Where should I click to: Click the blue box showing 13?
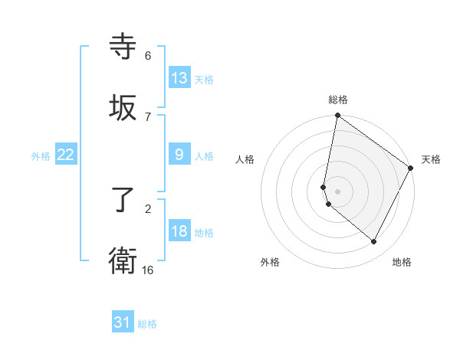(179, 78)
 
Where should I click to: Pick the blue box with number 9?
(179, 155)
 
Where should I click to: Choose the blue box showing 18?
(179, 231)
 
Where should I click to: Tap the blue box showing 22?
(66, 155)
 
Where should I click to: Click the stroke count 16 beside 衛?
(148, 270)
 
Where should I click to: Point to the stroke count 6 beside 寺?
(147, 55)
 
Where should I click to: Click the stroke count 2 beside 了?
(147, 208)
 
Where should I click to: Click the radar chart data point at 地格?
(374, 242)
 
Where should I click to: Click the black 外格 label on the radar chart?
(270, 262)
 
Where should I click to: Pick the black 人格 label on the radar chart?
(245, 159)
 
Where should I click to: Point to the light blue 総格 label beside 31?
(147, 324)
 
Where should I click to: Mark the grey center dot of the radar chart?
(337, 191)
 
